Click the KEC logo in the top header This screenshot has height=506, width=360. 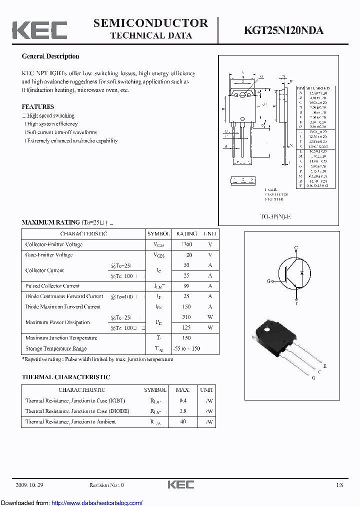pyautogui.click(x=39, y=30)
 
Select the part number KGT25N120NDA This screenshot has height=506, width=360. pyautogui.click(x=283, y=30)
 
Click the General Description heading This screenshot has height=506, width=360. pyautogui.click(x=50, y=56)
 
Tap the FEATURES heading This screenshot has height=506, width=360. pyautogui.click(x=37, y=106)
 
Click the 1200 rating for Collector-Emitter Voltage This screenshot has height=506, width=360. pyautogui.click(x=186, y=244)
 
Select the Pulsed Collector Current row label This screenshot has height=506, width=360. pyautogui.click(x=52, y=286)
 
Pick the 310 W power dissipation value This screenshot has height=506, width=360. pyautogui.click(x=186, y=317)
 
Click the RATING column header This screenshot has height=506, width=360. pyautogui.click(x=186, y=233)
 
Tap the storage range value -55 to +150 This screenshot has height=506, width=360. pyautogui.click(x=186, y=348)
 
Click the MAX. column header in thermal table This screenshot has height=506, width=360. pyautogui.click(x=182, y=390)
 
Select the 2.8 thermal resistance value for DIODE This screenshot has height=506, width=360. pyautogui.click(x=182, y=411)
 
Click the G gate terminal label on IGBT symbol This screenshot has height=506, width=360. pyautogui.click(x=268, y=281)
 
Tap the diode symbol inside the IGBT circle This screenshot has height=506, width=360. pyautogui.click(x=301, y=273)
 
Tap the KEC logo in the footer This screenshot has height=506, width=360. pyautogui.click(x=180, y=484)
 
